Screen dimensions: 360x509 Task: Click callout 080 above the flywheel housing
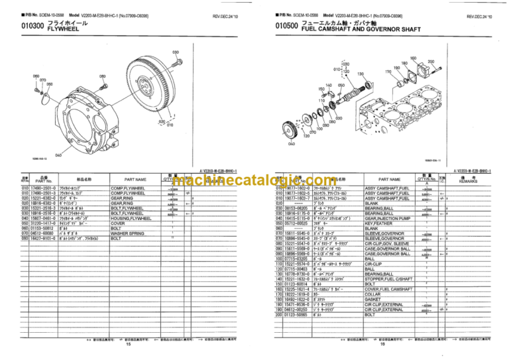pyautogui.click(x=103, y=76)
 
